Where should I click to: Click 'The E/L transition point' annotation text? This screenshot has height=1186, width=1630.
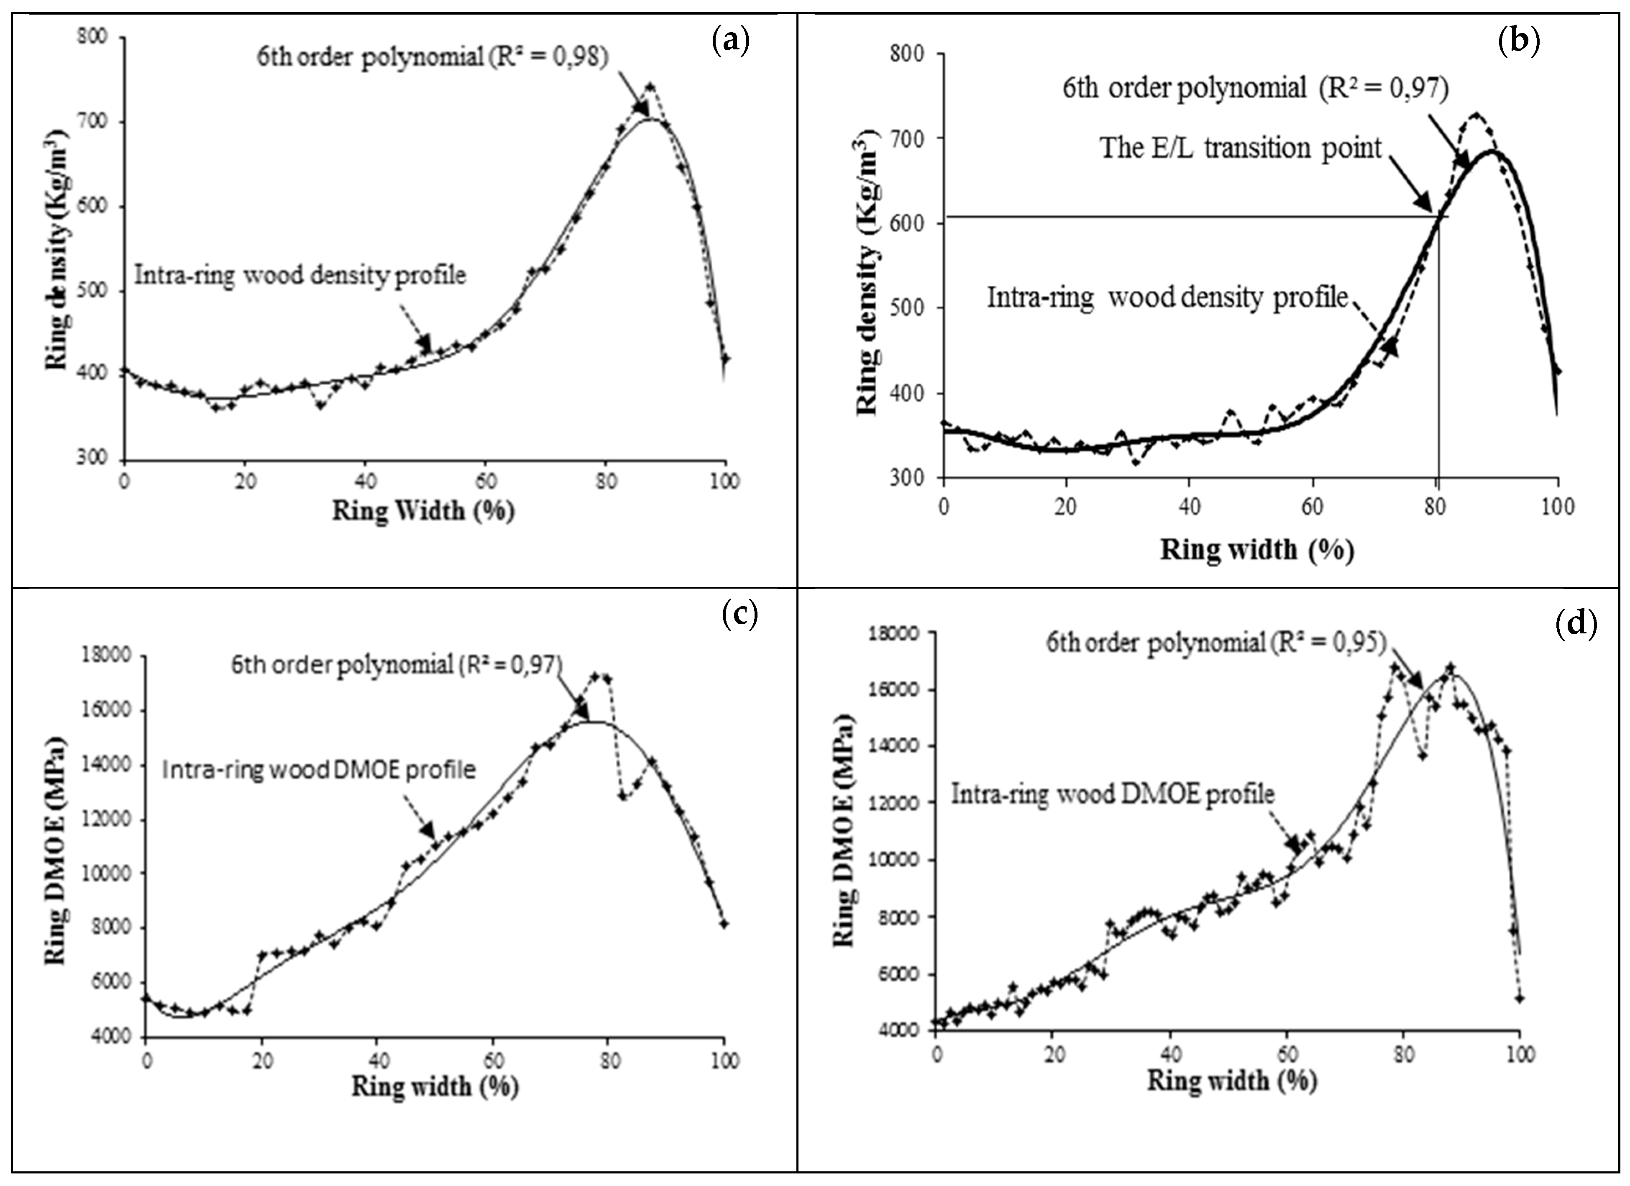pyautogui.click(x=1241, y=148)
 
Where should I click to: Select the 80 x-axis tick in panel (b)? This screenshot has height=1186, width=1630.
pyautogui.click(x=1436, y=507)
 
